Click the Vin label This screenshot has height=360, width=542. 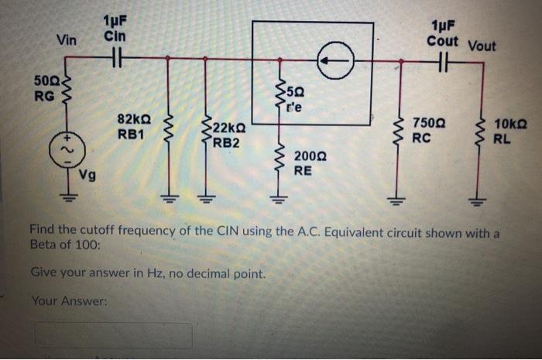click(x=67, y=41)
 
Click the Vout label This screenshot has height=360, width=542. click(x=482, y=46)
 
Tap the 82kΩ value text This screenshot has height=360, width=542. click(x=133, y=119)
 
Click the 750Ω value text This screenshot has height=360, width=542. click(x=429, y=124)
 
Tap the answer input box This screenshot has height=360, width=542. click(x=112, y=334)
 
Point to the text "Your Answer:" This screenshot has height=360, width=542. click(x=68, y=301)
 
